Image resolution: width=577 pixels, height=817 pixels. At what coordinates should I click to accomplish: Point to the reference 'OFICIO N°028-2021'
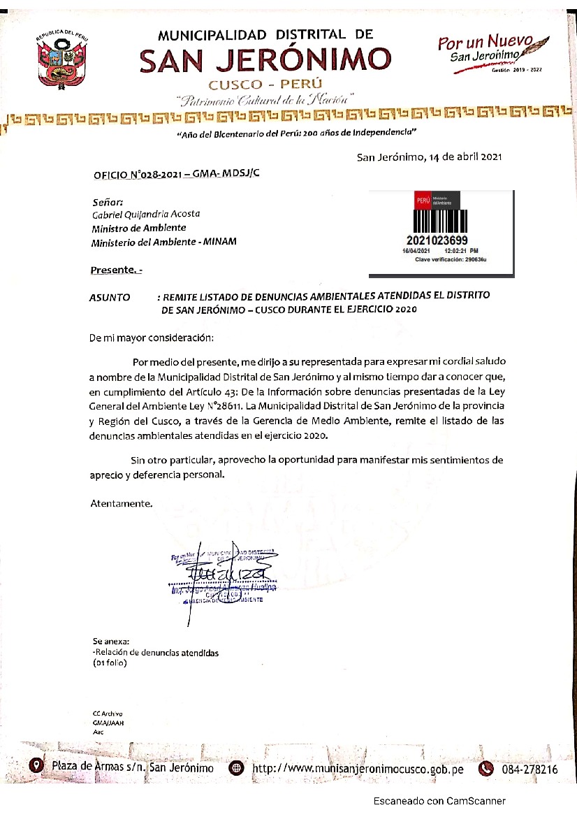tap(137, 175)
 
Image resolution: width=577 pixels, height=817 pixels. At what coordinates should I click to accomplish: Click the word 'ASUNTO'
tap(110, 297)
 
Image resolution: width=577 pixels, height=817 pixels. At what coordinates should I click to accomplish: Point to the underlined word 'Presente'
tap(112, 270)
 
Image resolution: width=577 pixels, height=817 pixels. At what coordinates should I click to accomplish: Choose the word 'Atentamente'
tap(121, 503)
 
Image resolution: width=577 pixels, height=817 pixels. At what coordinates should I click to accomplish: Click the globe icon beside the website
tap(237, 768)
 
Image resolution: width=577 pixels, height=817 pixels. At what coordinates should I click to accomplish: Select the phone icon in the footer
tap(485, 768)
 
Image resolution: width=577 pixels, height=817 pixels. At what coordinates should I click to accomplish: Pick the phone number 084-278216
tap(529, 769)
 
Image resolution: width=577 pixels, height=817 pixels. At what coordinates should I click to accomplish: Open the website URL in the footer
tap(358, 769)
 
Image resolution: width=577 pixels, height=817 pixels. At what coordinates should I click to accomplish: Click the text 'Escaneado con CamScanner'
tap(439, 801)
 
